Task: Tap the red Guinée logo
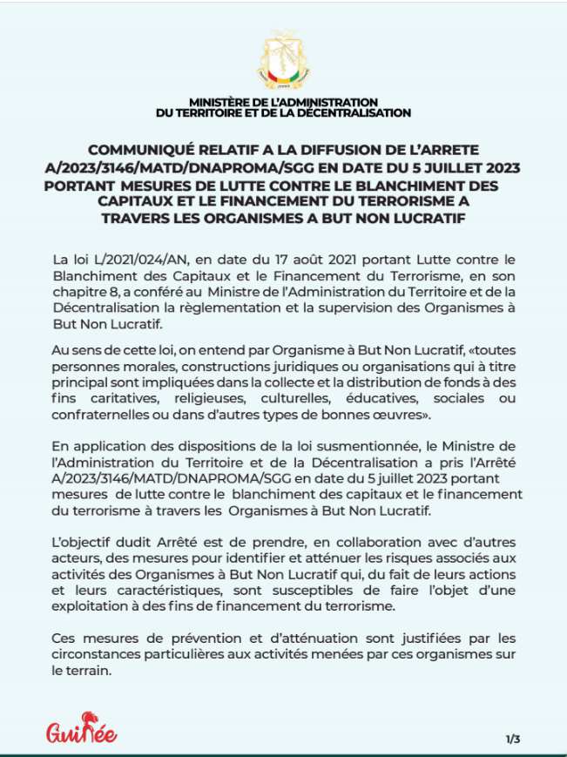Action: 82,728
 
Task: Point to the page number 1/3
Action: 512,740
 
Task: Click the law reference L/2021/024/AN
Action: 128,259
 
